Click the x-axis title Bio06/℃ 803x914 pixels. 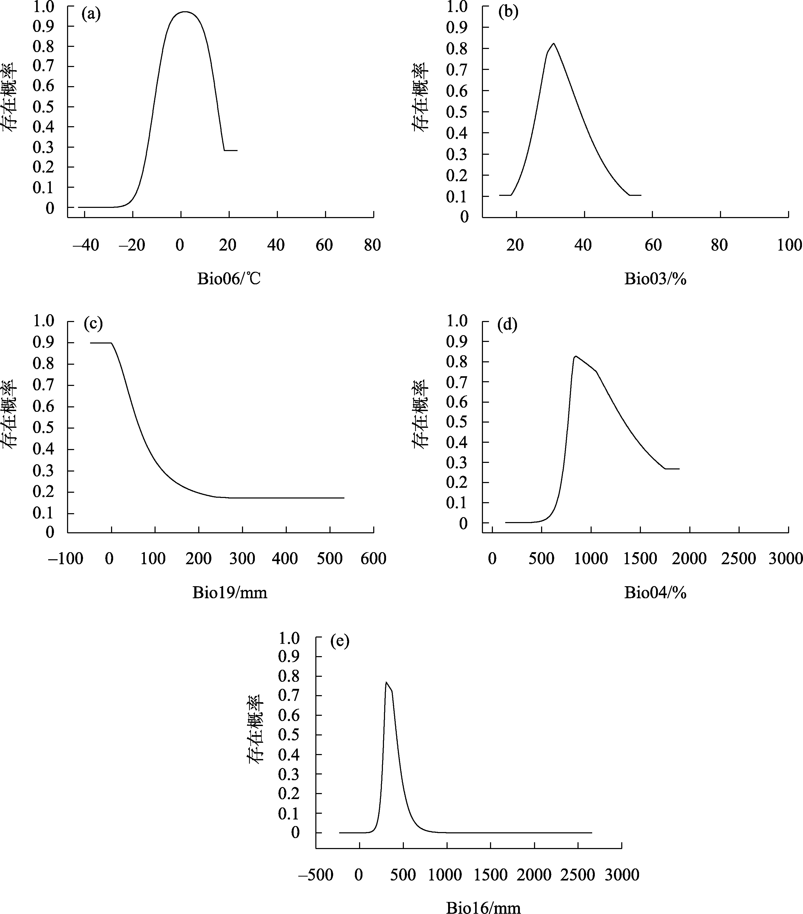(x=229, y=279)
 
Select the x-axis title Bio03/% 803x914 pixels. (x=655, y=279)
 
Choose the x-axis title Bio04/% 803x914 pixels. (x=655, y=592)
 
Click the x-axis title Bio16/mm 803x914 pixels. (x=483, y=907)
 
